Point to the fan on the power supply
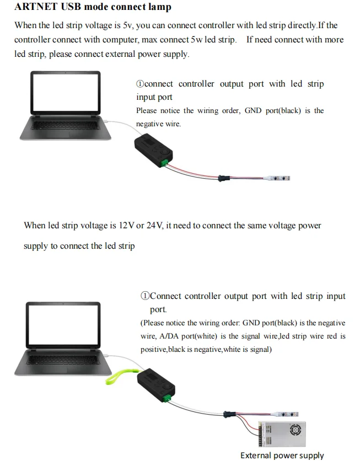click(x=293, y=431)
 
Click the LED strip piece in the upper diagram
click(x=279, y=178)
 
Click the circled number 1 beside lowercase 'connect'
click(x=141, y=84)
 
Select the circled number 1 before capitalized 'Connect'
click(x=145, y=296)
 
